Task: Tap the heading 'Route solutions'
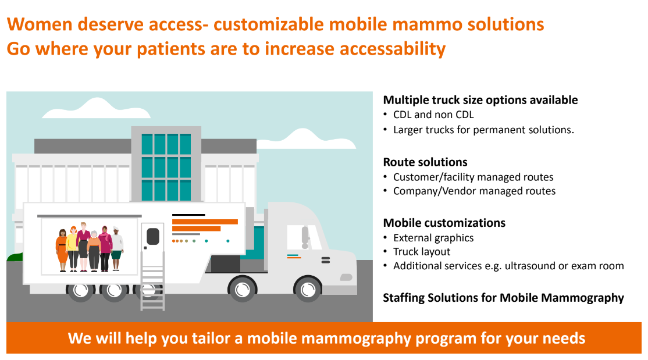click(425, 162)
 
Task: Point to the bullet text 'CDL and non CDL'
click(433, 115)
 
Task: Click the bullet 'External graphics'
click(433, 238)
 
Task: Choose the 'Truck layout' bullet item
click(422, 252)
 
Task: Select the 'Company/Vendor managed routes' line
click(474, 191)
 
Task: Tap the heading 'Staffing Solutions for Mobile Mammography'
click(503, 298)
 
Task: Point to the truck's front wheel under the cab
click(307, 288)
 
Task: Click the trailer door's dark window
click(152, 236)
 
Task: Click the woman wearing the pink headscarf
click(105, 249)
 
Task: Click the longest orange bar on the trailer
click(205, 222)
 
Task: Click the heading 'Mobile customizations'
click(444, 223)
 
